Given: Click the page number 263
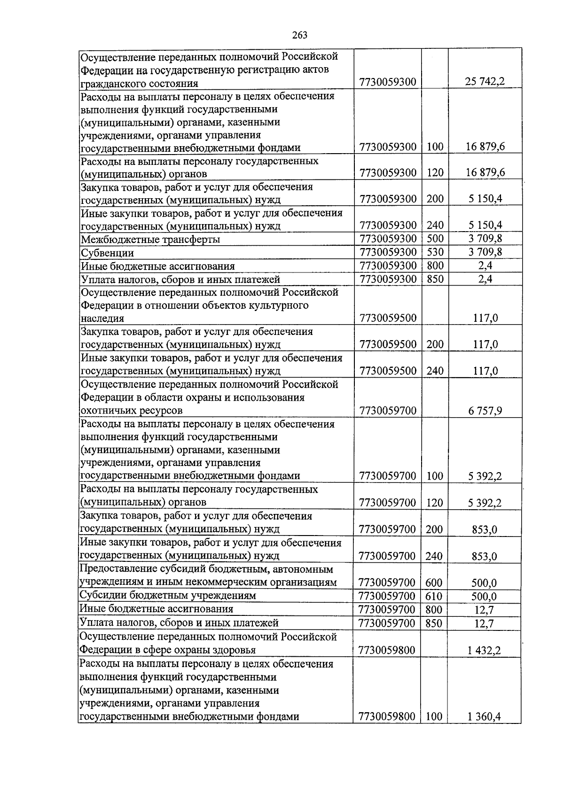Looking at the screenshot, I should point(299,35).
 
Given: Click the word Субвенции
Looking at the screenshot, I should point(108,253).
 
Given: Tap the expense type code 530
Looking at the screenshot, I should point(435,252).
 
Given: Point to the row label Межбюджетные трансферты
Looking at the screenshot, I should point(150,240).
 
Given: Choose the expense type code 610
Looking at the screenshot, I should point(433,596).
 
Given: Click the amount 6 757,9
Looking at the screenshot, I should point(485,411).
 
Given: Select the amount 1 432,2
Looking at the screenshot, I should point(484,651).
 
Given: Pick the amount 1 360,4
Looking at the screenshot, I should point(484,717).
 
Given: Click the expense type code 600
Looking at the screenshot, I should point(433,583).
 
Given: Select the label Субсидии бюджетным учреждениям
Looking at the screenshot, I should point(168,596).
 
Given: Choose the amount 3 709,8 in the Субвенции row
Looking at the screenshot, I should point(485,252).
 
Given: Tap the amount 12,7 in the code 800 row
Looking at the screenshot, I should point(485,610).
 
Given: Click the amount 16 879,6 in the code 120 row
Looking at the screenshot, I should point(485,172).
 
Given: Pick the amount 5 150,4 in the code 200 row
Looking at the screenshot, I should point(485,199).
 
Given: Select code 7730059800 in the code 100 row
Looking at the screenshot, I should point(387,717).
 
